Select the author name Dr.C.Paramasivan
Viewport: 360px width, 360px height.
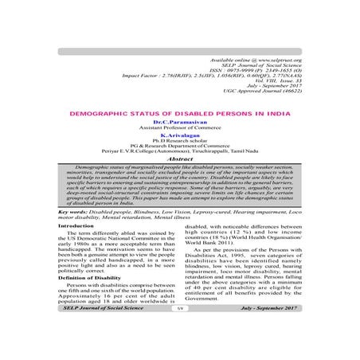tap(178, 123)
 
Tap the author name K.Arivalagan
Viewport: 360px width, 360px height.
tap(178, 135)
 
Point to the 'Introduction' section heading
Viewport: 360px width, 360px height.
tap(75, 226)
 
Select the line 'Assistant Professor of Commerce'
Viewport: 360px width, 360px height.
tap(178, 128)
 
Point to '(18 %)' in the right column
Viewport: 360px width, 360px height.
tap(235, 238)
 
